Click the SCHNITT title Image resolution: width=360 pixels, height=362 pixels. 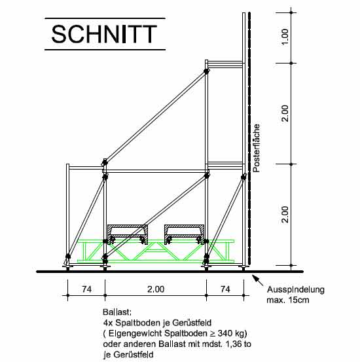coord(104,34)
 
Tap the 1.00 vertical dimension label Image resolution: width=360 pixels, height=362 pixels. coord(285,37)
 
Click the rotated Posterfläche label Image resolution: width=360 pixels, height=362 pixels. coord(257,148)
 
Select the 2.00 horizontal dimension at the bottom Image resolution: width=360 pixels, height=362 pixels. coord(156,289)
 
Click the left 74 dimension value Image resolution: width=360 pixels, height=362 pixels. coord(87,289)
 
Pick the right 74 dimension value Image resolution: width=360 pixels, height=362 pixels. coord(225,289)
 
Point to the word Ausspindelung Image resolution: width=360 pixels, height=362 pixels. coord(296,290)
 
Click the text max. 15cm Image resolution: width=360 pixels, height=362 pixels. coord(288,300)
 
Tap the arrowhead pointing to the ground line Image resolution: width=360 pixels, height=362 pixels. coord(255,277)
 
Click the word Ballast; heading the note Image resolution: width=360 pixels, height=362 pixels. coord(117,312)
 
